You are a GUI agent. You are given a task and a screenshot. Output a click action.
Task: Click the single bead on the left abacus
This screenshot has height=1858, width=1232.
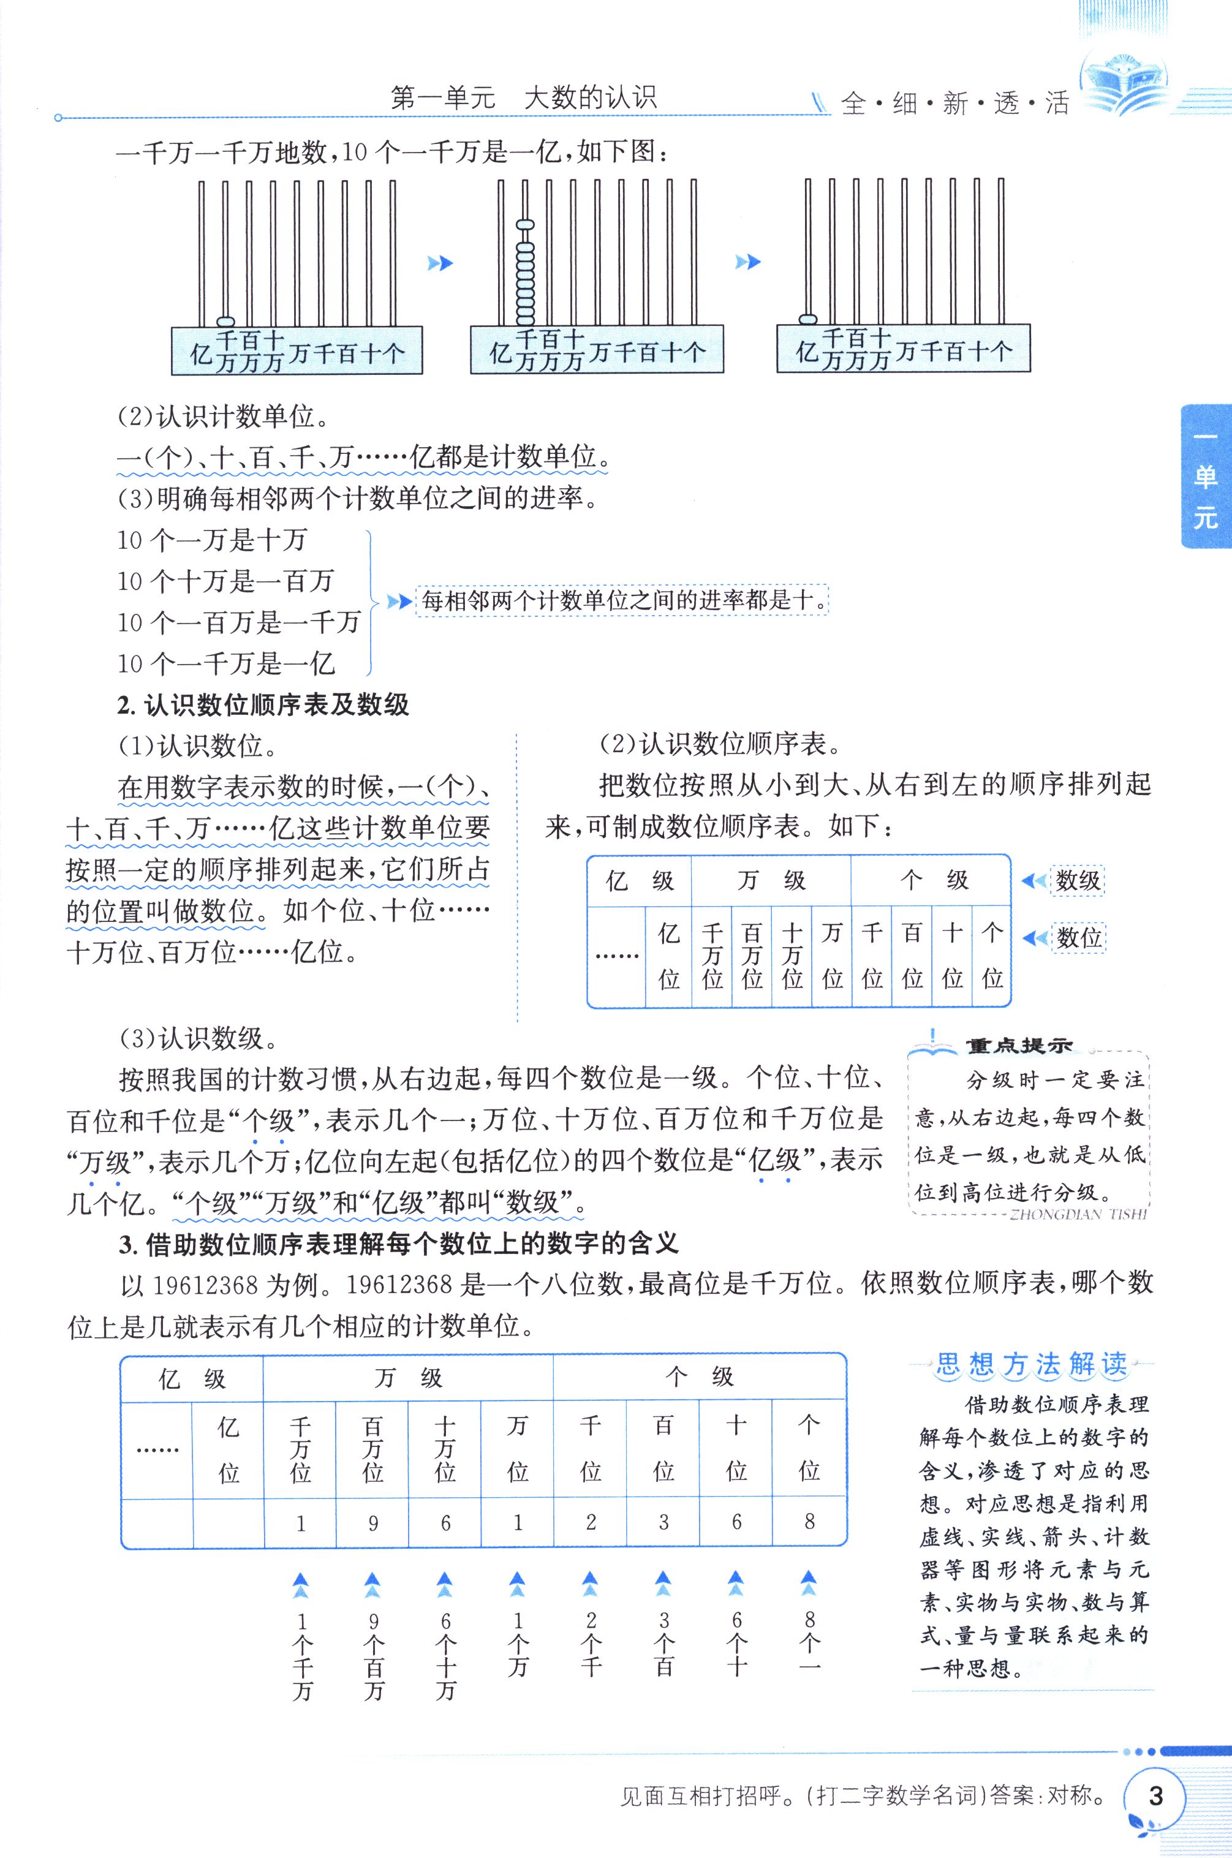[x=225, y=322]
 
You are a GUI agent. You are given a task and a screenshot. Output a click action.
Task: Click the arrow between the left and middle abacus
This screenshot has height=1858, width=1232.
[x=440, y=263]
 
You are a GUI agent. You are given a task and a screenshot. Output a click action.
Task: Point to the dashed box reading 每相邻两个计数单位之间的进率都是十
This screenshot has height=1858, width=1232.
[x=622, y=601]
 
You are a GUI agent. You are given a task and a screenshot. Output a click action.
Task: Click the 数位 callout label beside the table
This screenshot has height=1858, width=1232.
[x=1078, y=937]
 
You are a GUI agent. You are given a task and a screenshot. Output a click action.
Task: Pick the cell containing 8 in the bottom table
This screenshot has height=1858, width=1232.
[x=809, y=1522]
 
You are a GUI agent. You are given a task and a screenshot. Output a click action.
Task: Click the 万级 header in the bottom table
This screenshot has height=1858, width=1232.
[x=408, y=1377]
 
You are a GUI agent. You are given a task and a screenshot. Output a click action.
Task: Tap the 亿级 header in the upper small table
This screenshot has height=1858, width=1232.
[x=640, y=881]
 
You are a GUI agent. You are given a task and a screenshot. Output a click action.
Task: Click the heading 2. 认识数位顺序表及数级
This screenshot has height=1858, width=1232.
[x=263, y=704]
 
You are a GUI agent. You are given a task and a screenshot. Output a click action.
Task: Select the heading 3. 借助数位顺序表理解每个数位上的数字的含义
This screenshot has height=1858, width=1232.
[x=398, y=1243]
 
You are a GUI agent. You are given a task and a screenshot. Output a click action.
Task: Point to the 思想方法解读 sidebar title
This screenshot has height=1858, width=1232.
[x=1032, y=1365]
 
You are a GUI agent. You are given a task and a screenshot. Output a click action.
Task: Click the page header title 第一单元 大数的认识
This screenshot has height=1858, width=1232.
[x=523, y=98]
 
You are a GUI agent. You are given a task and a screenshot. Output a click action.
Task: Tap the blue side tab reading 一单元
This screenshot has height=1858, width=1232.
[x=1205, y=476]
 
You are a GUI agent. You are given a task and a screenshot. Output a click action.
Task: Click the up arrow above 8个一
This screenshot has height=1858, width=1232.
[x=809, y=1583]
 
